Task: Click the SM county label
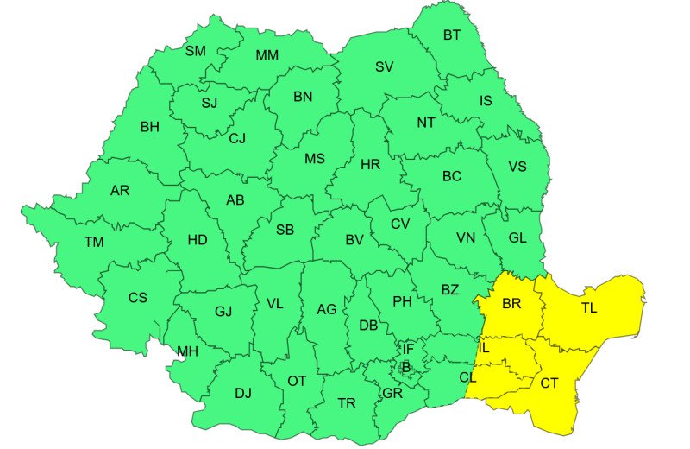(x=196, y=51)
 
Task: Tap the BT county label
(x=452, y=35)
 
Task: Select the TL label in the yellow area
(x=589, y=307)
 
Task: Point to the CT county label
(x=549, y=383)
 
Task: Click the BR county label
(x=511, y=305)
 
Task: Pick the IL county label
(x=484, y=348)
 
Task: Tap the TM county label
(x=94, y=243)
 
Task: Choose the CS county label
(x=138, y=298)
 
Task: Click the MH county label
(x=187, y=351)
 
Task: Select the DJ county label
(x=243, y=394)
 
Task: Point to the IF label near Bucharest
(x=409, y=349)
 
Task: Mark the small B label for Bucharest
(x=405, y=367)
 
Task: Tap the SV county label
(x=385, y=66)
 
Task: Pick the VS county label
(x=517, y=167)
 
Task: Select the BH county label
(x=150, y=127)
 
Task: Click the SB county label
(x=285, y=230)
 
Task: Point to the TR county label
(x=347, y=403)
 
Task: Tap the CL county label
(x=468, y=377)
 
